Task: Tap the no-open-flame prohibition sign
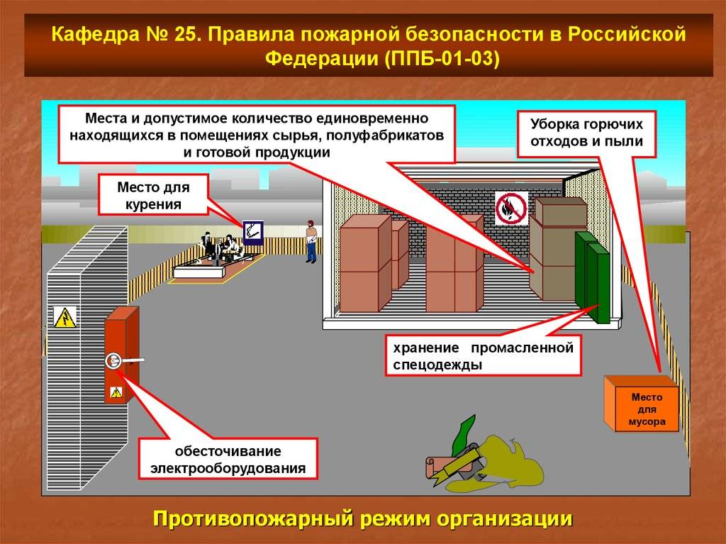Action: pyautogui.click(x=512, y=208)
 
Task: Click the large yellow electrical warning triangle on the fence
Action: pyautogui.click(x=65, y=318)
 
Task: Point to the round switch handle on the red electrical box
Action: pyautogui.click(x=113, y=361)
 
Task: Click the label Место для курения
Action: pyautogui.click(x=153, y=196)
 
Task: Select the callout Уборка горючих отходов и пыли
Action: pyautogui.click(x=586, y=133)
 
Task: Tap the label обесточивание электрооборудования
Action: pyautogui.click(x=228, y=459)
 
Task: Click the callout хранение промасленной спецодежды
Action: pyautogui.click(x=484, y=355)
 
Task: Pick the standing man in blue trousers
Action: pyautogui.click(x=312, y=241)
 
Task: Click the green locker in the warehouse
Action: pyautogui.click(x=593, y=277)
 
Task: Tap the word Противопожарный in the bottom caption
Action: pyautogui.click(x=254, y=519)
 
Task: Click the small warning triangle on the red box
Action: pyautogui.click(x=116, y=392)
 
